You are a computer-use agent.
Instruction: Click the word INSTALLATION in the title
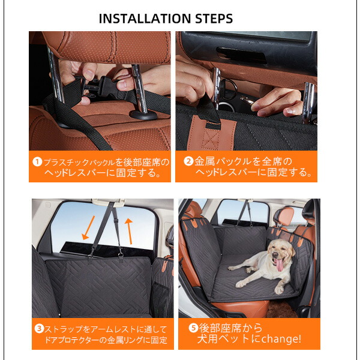145,19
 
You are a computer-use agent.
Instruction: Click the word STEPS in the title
214,19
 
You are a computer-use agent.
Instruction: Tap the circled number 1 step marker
37,162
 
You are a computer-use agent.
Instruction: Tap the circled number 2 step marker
188,161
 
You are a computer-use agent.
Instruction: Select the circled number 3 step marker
39,329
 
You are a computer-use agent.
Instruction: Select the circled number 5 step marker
193,328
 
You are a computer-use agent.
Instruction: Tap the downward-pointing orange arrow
89,227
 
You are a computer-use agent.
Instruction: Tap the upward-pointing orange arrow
129,231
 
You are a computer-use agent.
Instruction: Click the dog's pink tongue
279,265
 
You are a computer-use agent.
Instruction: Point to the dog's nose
275,254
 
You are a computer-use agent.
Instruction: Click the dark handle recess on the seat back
242,55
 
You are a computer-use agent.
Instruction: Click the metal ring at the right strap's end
121,255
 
